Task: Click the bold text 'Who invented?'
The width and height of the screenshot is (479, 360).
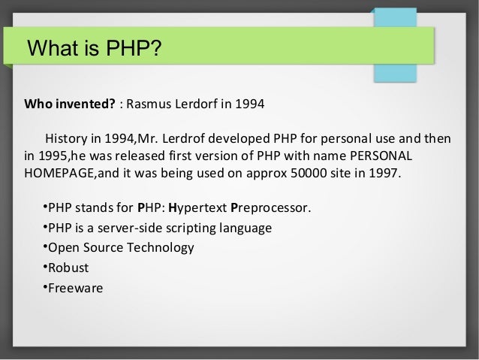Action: (x=70, y=102)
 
